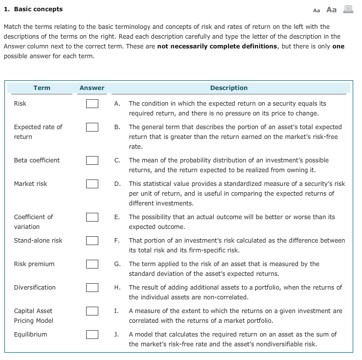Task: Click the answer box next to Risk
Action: click(92, 104)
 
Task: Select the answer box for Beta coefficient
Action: click(92, 160)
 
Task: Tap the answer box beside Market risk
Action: click(92, 184)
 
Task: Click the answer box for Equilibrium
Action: click(92, 335)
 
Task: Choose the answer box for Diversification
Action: click(92, 288)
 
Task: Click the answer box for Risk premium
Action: click(92, 264)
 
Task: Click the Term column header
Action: click(42, 88)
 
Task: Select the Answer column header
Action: click(92, 88)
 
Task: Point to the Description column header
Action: click(228, 88)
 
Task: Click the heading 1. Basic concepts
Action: click(33, 9)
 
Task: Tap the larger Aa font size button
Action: click(331, 9)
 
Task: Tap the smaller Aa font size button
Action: click(317, 10)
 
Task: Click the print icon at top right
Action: click(347, 9)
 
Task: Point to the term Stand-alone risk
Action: click(38, 241)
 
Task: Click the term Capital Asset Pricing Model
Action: click(33, 316)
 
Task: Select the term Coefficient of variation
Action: click(33, 222)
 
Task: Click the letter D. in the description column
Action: click(117, 184)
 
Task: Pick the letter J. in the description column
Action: click(117, 335)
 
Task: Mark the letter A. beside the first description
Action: click(117, 104)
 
